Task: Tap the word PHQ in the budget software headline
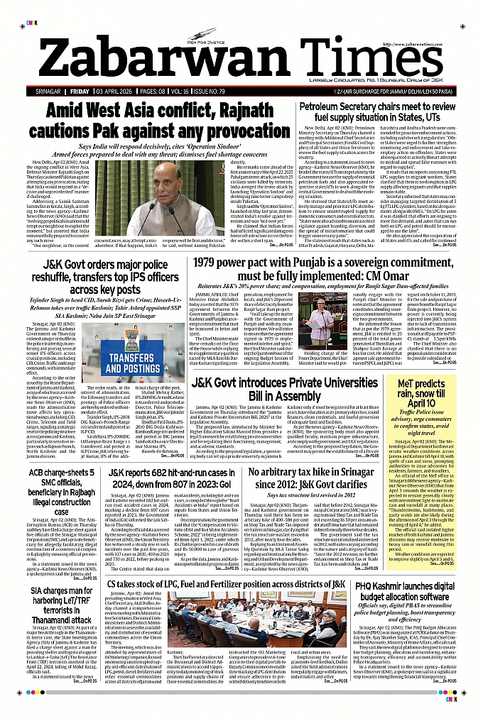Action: coord(367,585)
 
